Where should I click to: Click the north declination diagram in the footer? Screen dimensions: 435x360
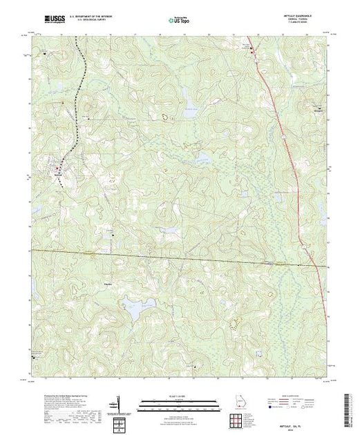[120, 401]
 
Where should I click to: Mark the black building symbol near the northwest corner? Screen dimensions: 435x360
[46, 52]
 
